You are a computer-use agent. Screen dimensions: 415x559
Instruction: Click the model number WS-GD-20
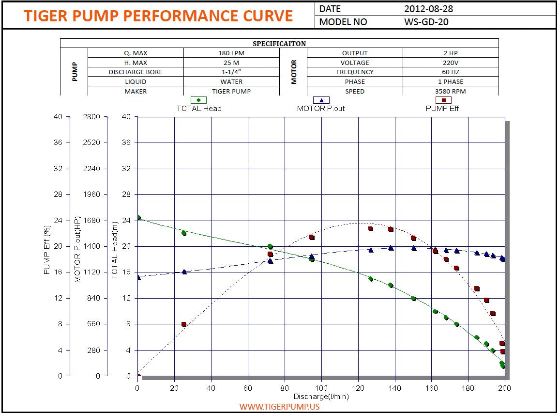click(426, 22)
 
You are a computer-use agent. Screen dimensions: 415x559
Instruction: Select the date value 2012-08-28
click(429, 9)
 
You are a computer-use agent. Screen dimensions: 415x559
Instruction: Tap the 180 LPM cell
click(231, 53)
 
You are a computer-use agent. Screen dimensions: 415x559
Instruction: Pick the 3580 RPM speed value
click(450, 91)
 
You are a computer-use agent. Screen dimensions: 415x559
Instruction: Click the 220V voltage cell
click(450, 63)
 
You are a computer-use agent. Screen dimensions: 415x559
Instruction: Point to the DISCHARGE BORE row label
click(136, 72)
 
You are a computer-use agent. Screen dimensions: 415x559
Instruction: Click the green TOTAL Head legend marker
click(198, 100)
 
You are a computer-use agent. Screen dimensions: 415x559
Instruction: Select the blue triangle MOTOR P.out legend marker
click(321, 100)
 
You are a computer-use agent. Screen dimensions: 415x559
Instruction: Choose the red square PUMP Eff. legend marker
click(443, 100)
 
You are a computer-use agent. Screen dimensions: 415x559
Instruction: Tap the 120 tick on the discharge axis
click(358, 388)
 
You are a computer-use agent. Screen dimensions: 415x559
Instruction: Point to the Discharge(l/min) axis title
click(321, 396)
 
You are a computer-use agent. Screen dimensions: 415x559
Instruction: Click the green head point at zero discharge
click(138, 218)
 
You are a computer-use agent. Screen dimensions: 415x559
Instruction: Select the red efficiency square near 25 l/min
click(183, 324)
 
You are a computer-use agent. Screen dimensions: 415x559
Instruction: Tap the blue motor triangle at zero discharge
click(138, 277)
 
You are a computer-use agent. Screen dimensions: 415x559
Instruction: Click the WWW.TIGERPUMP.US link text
click(279, 407)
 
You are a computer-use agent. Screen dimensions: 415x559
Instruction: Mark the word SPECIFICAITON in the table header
click(279, 44)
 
